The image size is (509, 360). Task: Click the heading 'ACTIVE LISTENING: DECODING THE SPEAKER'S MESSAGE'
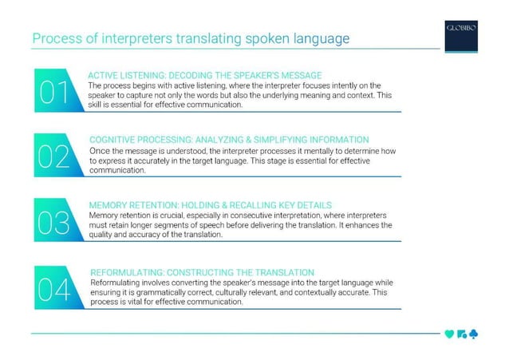click(204, 74)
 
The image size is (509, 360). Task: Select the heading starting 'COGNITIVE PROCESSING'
click(229, 139)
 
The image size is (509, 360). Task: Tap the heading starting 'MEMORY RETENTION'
click(211, 205)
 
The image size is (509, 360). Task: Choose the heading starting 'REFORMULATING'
click(203, 272)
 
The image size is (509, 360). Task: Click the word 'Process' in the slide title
click(56, 38)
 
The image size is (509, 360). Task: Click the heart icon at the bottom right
click(449, 334)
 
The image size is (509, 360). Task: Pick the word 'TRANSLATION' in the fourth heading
click(282, 272)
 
